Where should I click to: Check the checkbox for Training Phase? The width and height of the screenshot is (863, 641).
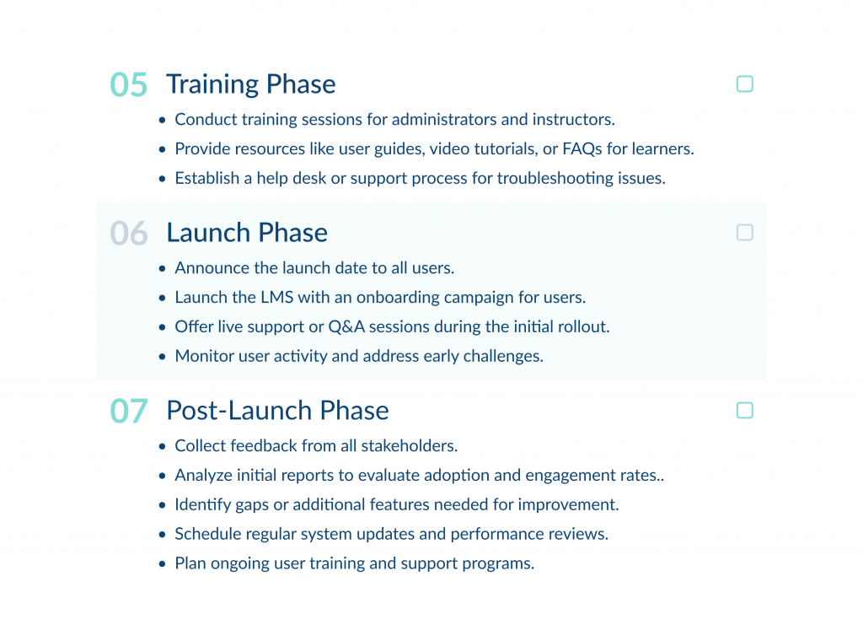tap(744, 84)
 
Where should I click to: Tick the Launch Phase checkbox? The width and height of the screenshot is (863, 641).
tap(744, 233)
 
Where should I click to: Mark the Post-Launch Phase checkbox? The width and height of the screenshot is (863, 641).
tap(744, 411)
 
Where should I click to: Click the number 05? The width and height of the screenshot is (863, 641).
tap(129, 85)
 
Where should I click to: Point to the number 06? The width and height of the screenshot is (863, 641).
tap(129, 234)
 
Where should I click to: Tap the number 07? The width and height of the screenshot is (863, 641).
tap(129, 412)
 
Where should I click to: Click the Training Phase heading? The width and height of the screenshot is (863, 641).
tap(250, 84)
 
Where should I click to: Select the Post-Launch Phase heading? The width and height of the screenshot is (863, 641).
tap(277, 411)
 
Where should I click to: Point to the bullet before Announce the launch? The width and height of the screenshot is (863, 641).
tap(163, 269)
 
